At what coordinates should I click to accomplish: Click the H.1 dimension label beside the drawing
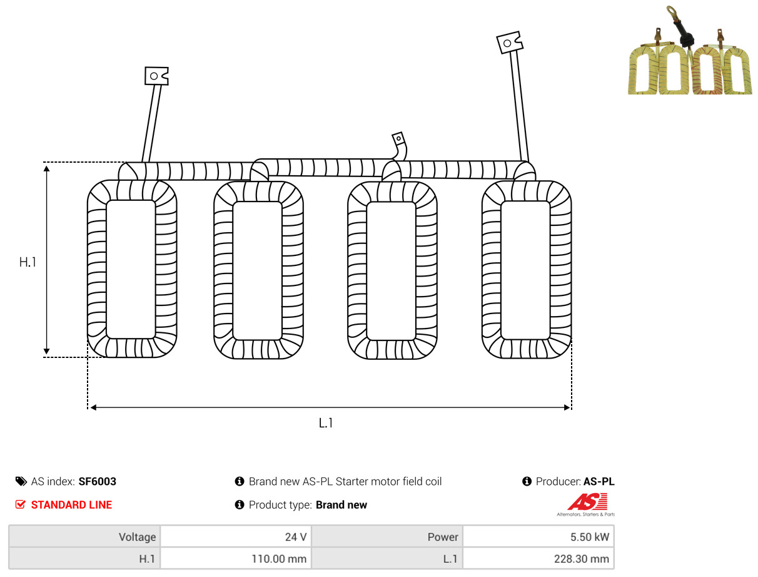coord(28,262)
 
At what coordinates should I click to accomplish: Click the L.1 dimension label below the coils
coord(325,423)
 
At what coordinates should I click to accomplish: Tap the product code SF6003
coord(98,481)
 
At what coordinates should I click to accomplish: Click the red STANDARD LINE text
coord(71,505)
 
